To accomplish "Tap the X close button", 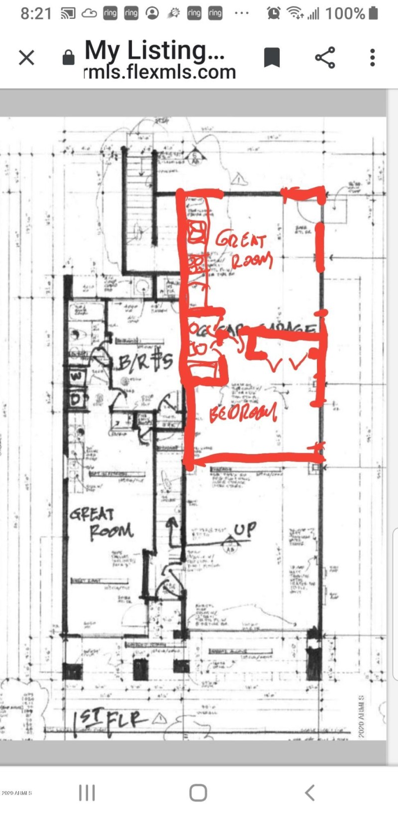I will pyautogui.click(x=26, y=58).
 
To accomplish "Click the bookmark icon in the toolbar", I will pyautogui.click(x=272, y=58).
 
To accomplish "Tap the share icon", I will pyautogui.click(x=325, y=58).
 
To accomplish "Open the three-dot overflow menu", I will pyautogui.click(x=372, y=58).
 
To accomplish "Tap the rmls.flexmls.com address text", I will pyautogui.click(x=160, y=73).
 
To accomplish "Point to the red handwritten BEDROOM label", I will pyautogui.click(x=243, y=412).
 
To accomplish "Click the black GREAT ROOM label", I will pyautogui.click(x=101, y=522).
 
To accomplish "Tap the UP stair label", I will pyautogui.click(x=245, y=529).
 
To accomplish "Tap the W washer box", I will pyautogui.click(x=76, y=376).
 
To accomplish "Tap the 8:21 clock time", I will pyautogui.click(x=36, y=13).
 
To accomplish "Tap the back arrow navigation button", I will pyautogui.click(x=309, y=792).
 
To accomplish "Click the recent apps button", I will pyautogui.click(x=87, y=792).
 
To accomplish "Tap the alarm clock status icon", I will pyautogui.click(x=273, y=13).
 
